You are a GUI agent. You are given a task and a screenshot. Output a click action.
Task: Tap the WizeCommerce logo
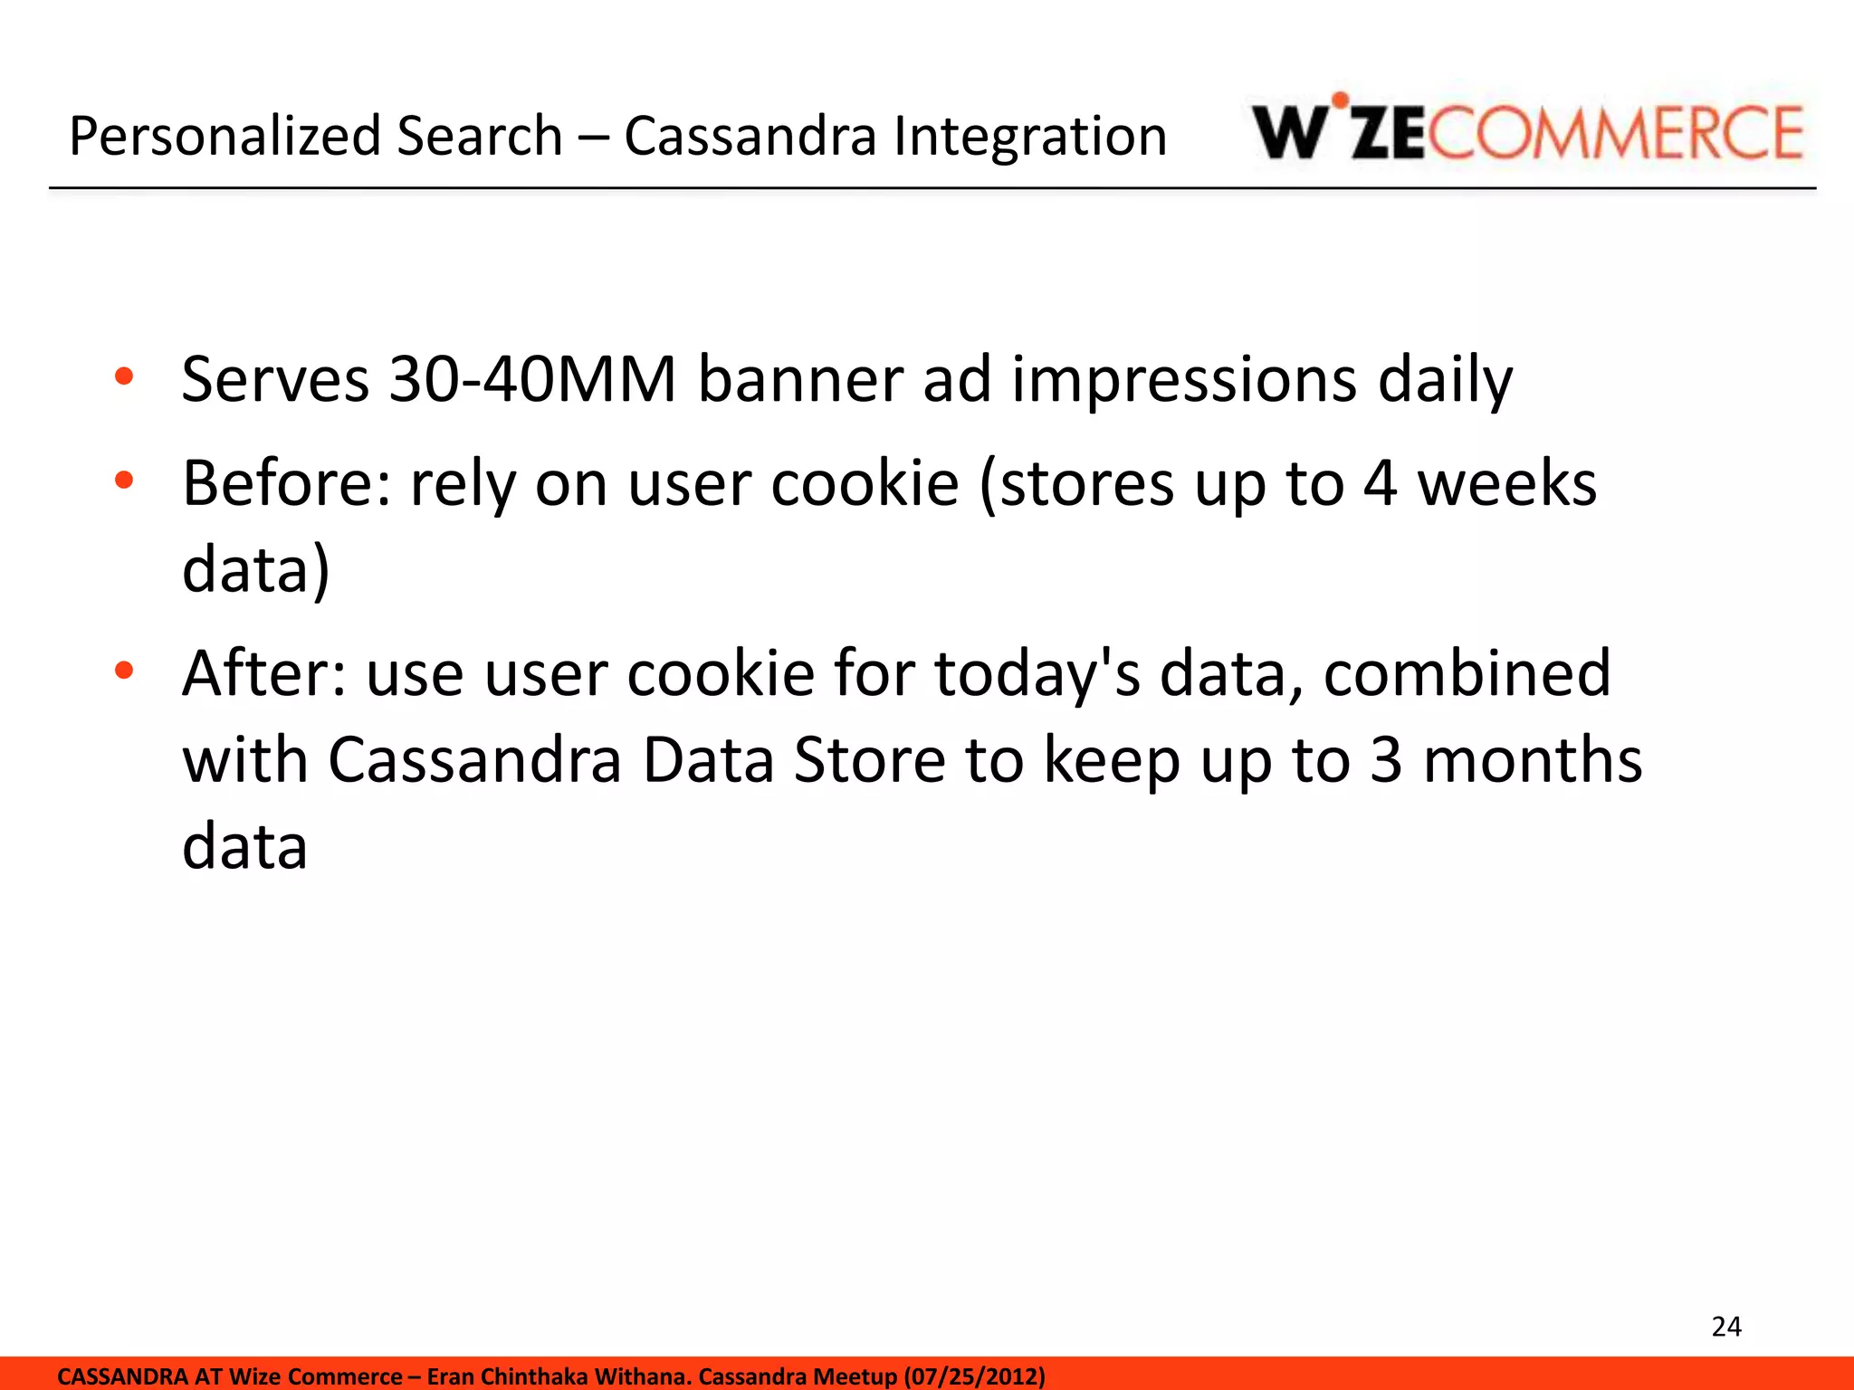point(1528,131)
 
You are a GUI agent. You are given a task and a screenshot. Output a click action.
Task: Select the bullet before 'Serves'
point(124,376)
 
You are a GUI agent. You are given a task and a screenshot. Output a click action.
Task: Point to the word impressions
point(1184,380)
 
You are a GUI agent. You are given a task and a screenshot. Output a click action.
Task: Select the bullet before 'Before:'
point(124,481)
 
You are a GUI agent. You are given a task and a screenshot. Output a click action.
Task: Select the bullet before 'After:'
point(124,671)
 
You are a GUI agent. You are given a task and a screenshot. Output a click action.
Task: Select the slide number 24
point(1726,1327)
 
